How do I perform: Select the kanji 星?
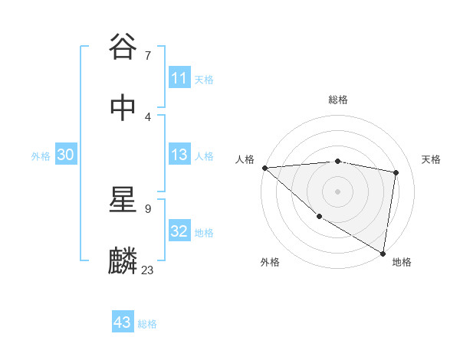point(123,200)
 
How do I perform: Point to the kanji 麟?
point(123,261)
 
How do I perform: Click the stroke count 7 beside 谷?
point(147,55)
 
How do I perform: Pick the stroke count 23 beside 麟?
point(148,270)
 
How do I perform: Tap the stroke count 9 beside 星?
point(147,208)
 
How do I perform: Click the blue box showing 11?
point(179,78)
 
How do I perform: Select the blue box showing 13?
point(179,155)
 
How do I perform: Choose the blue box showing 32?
point(179,232)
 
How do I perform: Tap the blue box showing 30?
point(66,155)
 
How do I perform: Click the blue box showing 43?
point(123,322)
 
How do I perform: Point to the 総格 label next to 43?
point(147,324)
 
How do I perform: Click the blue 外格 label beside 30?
point(41,156)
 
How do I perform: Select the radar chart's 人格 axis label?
point(245,159)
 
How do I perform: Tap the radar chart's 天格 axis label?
point(432,159)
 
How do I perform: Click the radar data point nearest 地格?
point(383,252)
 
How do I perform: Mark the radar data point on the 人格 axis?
point(264,168)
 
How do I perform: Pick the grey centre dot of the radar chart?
point(337,191)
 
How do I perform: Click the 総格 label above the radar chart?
point(337,100)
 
